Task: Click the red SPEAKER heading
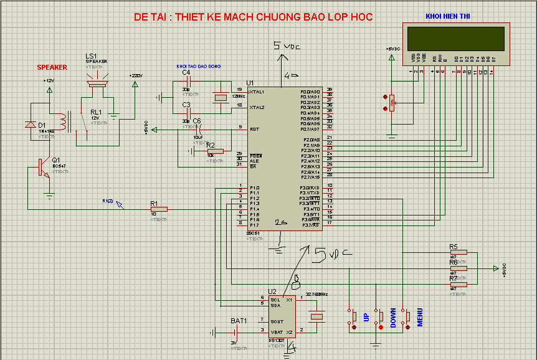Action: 52,67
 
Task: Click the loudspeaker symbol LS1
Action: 97,82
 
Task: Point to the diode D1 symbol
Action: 30,125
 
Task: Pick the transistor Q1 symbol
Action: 42,167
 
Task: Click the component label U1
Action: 250,83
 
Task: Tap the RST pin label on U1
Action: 254,129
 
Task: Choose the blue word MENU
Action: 420,318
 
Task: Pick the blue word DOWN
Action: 393,318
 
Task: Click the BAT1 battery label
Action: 239,321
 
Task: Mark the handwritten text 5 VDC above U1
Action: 286,46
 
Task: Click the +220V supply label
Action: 136,75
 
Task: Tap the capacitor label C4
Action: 186,72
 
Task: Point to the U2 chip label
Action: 272,291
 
